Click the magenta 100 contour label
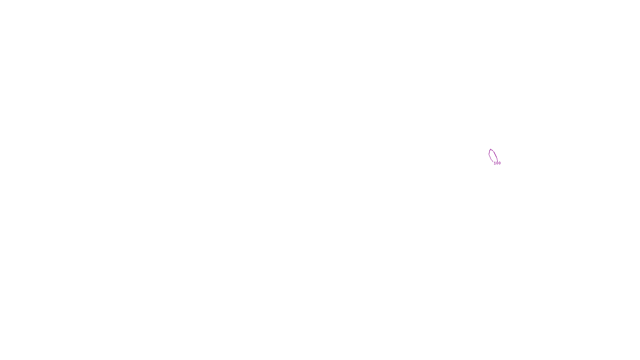tap(497, 163)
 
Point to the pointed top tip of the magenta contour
tap(491, 149)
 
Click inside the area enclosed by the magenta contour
tap(492, 155)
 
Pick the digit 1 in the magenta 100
tap(495, 163)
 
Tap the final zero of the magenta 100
tap(499, 163)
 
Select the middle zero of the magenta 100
tap(497, 163)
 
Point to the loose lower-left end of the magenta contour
tap(493, 162)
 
